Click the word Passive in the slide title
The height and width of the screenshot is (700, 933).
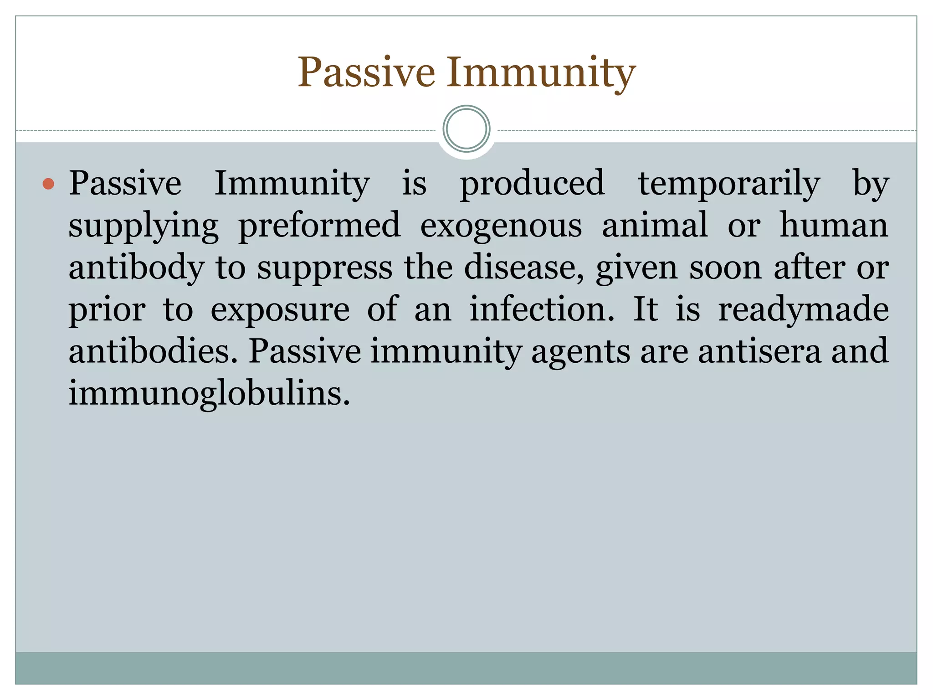tap(366, 73)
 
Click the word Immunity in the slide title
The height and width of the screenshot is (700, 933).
tap(541, 73)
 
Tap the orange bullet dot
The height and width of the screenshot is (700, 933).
tap(48, 184)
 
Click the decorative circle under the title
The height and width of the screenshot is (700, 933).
tap(466, 129)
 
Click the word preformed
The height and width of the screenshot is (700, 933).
tap(319, 226)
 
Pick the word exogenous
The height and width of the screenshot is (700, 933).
tap(501, 226)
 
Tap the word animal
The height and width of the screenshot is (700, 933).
tap(655, 225)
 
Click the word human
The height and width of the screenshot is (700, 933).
tap(834, 225)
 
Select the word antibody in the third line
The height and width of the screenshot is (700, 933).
tap(136, 268)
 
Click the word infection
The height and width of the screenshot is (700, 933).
tap(542, 309)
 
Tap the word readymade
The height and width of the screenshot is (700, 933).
tap(803, 310)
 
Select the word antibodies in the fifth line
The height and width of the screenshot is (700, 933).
tap(153, 351)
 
